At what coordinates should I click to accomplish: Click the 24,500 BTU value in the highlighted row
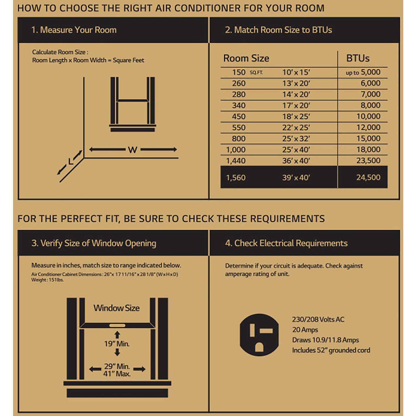click(x=368, y=177)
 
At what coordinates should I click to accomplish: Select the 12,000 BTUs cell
click(x=368, y=128)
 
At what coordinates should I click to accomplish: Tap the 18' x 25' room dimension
click(x=296, y=116)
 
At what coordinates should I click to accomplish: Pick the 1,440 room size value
click(x=236, y=161)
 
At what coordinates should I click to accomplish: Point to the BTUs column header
click(x=358, y=58)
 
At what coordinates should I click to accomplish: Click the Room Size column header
click(x=246, y=58)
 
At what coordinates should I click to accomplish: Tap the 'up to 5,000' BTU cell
click(x=363, y=72)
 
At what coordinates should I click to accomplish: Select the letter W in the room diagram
click(x=133, y=150)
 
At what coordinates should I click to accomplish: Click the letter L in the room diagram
click(x=71, y=161)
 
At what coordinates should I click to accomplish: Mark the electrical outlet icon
click(x=259, y=335)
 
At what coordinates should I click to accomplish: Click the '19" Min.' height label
click(x=117, y=344)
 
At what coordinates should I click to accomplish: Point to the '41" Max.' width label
click(x=117, y=374)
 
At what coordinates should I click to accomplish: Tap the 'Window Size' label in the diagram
click(x=116, y=308)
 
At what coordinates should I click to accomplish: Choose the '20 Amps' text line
click(x=305, y=330)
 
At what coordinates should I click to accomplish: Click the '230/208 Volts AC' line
click(x=318, y=319)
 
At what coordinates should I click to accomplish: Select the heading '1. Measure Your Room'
click(x=74, y=30)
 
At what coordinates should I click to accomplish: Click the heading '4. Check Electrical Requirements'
click(x=286, y=243)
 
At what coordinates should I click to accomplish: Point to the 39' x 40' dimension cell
click(x=296, y=177)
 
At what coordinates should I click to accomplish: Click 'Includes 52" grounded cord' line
click(x=331, y=350)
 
